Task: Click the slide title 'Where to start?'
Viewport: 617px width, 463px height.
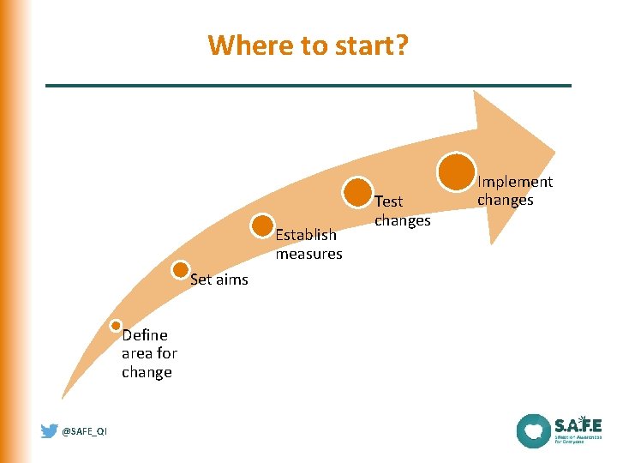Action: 308,44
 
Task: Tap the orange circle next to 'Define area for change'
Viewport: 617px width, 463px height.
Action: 116,326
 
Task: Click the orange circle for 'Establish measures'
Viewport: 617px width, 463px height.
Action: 263,225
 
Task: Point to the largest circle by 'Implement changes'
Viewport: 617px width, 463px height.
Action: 457,171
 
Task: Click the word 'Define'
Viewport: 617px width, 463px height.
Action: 145,334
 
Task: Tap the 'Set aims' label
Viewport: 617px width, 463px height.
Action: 219,279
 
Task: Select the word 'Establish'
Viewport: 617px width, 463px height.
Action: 306,235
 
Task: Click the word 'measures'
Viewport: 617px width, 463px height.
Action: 308,254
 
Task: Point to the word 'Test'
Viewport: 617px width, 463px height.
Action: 388,201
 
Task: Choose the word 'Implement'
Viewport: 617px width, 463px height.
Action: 515,182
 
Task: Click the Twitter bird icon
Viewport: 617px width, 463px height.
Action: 50,431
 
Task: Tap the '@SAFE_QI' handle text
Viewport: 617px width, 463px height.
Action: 85,432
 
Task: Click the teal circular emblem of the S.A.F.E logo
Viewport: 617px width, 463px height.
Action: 533,430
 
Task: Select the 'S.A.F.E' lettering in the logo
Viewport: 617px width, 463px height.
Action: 578,424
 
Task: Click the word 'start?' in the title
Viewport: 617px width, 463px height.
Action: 374,44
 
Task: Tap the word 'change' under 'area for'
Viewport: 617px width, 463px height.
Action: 147,372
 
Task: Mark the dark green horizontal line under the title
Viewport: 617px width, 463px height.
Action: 308,86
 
